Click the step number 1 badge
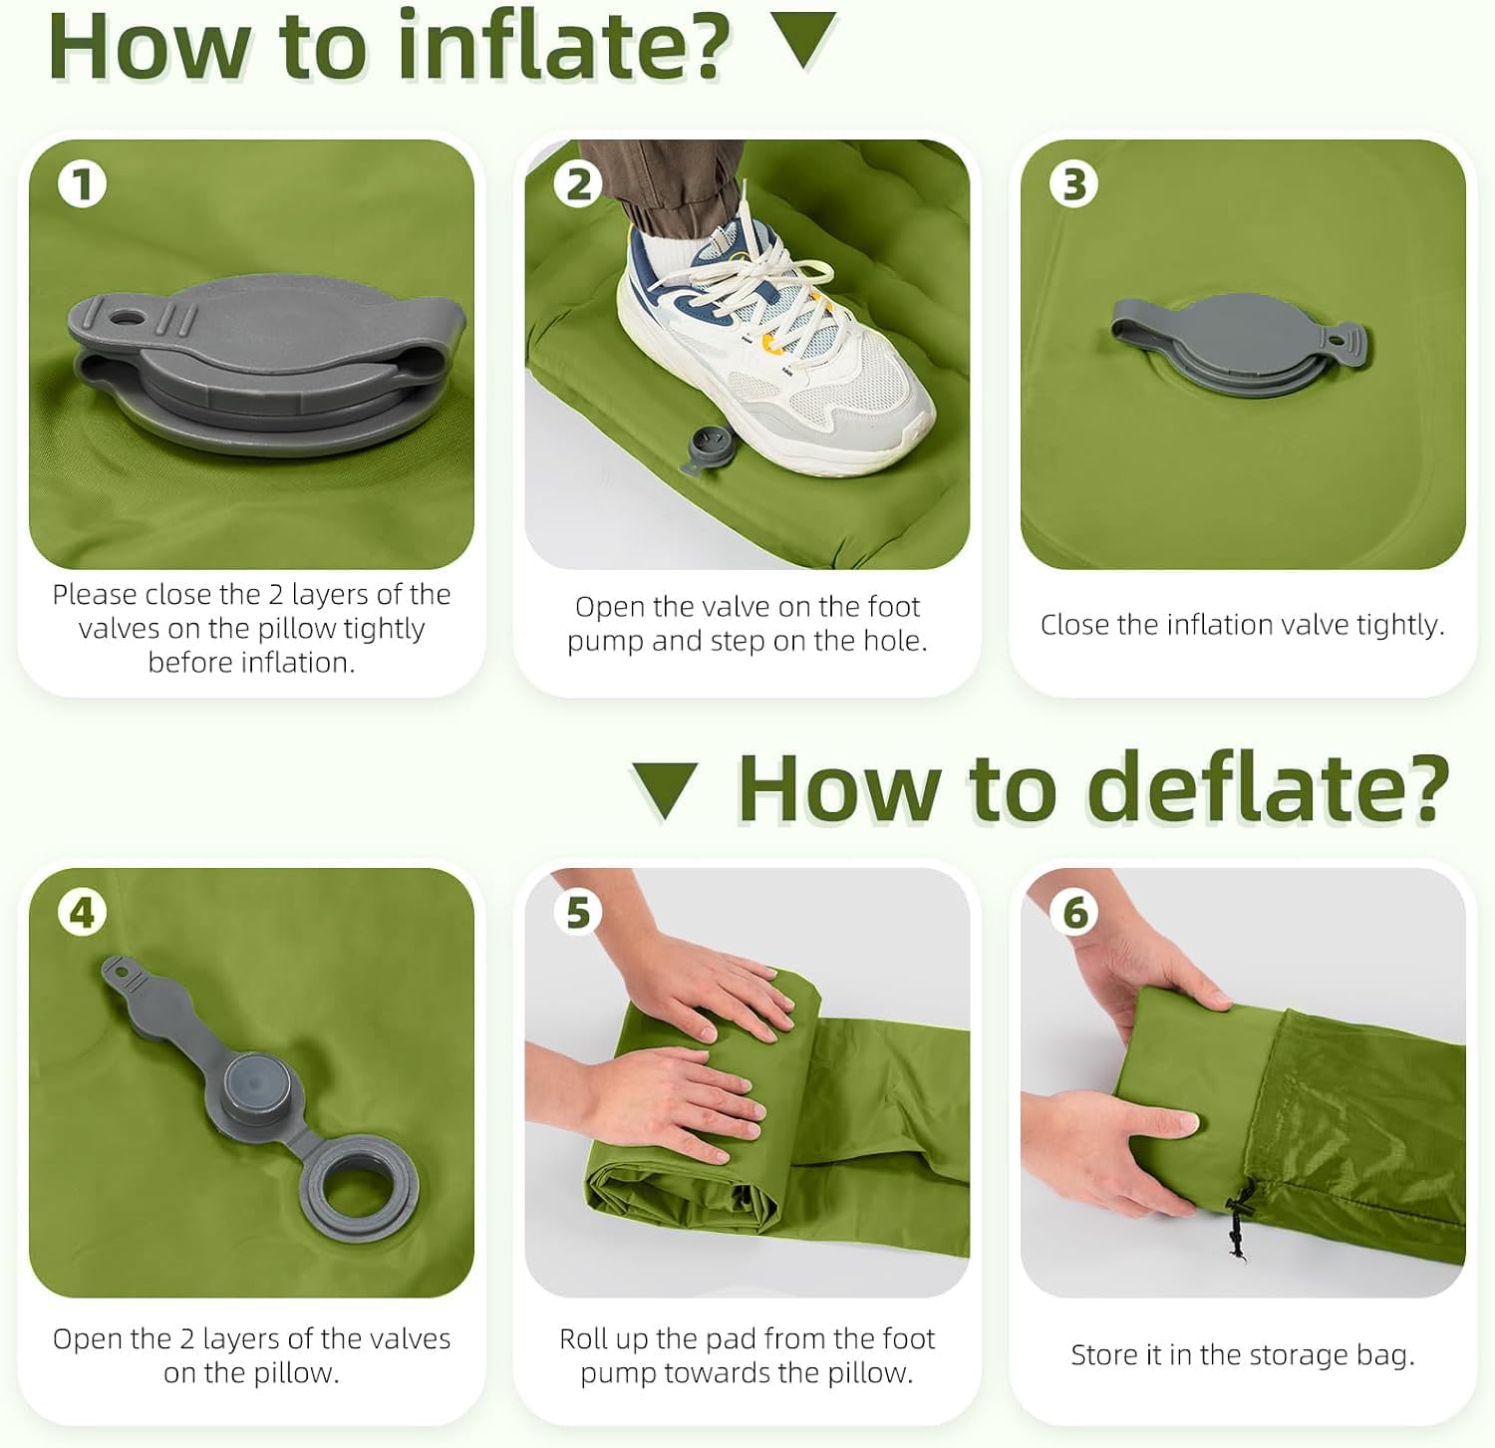tap(82, 184)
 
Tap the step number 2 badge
tap(578, 184)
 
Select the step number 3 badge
tap(1073, 184)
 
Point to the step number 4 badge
tap(82, 912)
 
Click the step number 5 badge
tap(578, 912)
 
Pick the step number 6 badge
tap(1073, 912)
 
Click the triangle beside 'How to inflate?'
tap(804, 38)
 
